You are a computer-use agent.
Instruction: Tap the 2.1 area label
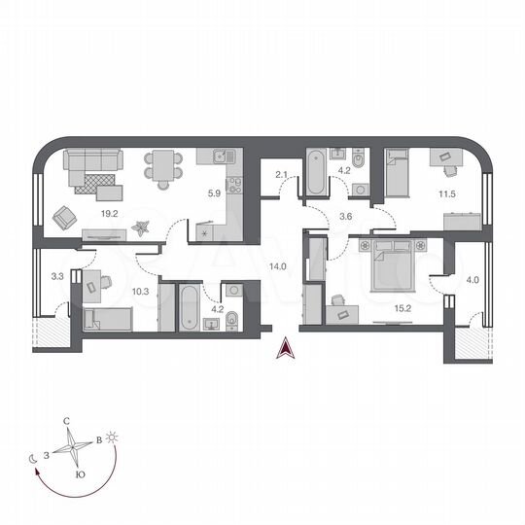(281, 174)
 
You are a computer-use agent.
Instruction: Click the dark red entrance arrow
(286, 348)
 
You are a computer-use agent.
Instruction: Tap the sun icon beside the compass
(113, 438)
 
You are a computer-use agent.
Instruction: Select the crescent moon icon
(34, 458)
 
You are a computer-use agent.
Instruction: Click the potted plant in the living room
(143, 228)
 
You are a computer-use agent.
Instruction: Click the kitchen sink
(221, 155)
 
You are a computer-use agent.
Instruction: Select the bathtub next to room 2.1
(316, 172)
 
